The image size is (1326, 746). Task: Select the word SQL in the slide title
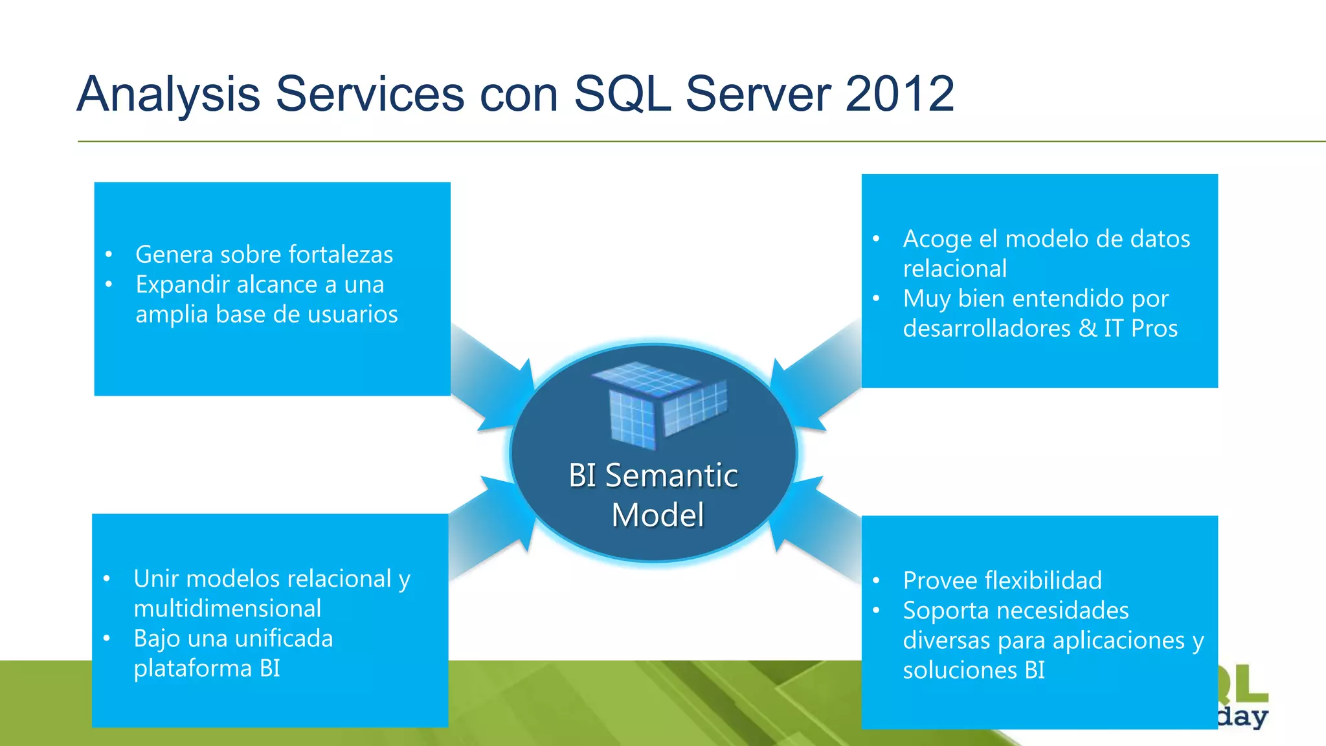coord(622,94)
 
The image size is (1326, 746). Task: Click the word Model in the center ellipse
coord(657,515)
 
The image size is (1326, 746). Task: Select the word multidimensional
coord(227,609)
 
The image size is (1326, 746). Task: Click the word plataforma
coord(192,668)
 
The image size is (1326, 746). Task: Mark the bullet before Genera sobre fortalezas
coord(109,254)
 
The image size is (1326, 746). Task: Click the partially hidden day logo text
coord(1242,718)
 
